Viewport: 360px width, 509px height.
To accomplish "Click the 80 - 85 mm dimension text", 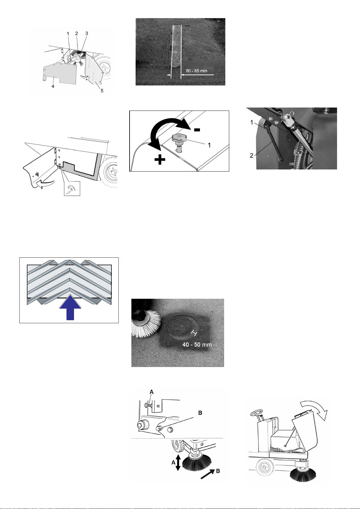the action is tap(197, 71).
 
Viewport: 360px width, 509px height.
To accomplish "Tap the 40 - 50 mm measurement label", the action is tap(197, 344).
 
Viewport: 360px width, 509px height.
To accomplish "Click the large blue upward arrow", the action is tap(70, 308).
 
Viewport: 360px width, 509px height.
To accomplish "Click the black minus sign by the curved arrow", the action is tap(197, 130).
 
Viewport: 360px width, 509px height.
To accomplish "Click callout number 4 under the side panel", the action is tap(53, 86).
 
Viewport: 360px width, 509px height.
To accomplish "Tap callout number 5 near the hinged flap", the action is tap(102, 91).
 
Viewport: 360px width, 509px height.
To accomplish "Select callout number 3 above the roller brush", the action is tap(87, 34).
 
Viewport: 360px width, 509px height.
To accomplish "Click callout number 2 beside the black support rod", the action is tap(252, 156).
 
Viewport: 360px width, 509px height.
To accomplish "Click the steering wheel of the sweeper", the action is tap(256, 412).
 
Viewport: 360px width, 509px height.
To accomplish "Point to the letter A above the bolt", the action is tap(152, 392).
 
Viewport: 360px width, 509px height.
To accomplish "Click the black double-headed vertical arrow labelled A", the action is tap(178, 462).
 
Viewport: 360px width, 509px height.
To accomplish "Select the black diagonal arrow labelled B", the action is tap(207, 474).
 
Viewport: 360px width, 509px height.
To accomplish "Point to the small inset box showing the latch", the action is tap(72, 188).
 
